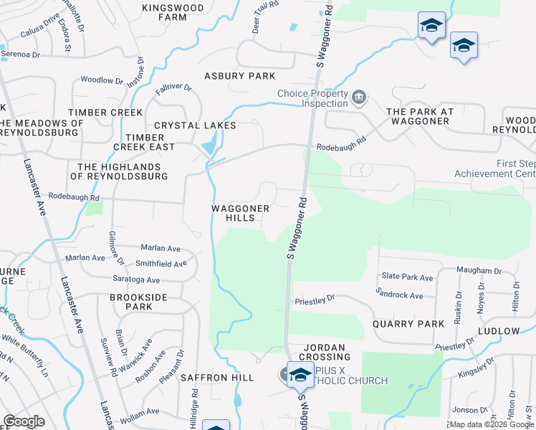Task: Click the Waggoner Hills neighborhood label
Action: click(x=240, y=213)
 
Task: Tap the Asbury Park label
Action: click(x=239, y=76)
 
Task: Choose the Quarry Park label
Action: click(x=409, y=324)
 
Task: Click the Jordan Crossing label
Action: click(x=324, y=351)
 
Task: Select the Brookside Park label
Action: click(x=131, y=301)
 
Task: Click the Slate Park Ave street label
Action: click(x=407, y=277)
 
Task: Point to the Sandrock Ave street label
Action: click(x=399, y=294)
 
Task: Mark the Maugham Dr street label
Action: click(x=479, y=271)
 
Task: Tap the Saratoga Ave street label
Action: click(x=135, y=279)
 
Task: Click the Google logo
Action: click(x=24, y=421)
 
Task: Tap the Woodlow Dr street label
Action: click(x=97, y=80)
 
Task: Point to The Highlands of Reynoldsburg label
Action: click(x=118, y=171)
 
